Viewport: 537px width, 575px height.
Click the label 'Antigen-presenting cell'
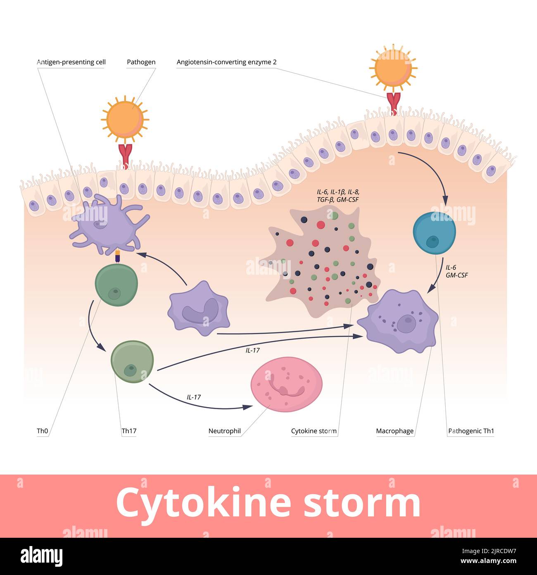[71, 62]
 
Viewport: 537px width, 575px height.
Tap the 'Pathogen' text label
[141, 62]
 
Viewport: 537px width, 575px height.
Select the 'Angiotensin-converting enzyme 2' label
[226, 62]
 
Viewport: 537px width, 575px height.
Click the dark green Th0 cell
[116, 286]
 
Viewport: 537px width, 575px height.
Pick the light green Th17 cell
[132, 361]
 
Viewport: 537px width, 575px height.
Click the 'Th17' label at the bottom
[129, 431]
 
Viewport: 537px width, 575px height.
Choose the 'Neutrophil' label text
[224, 431]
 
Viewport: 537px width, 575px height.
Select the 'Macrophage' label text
[394, 431]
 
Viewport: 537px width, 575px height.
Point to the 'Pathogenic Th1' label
[471, 431]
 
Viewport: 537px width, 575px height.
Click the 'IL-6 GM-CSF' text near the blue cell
[456, 271]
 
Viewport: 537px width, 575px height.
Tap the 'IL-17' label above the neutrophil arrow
[194, 397]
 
